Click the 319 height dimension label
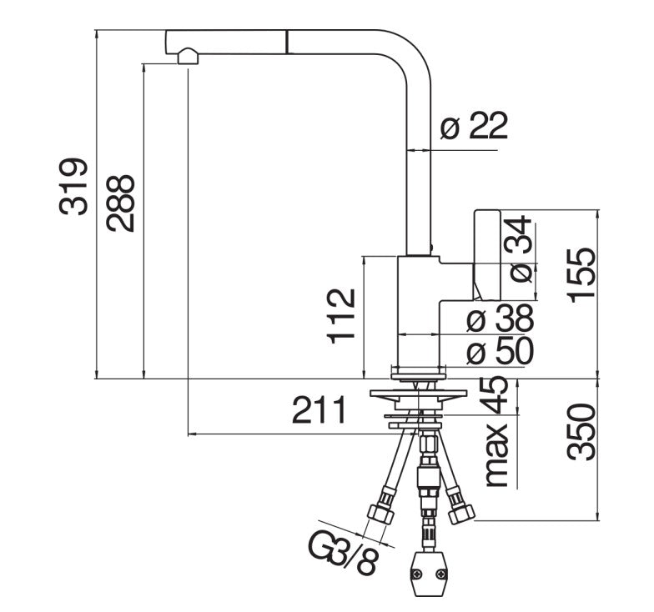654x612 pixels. coord(73,187)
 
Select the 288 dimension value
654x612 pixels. coord(120,203)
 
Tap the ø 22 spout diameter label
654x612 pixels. coord(474,125)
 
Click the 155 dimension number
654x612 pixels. coord(581,275)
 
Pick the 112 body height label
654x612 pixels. coord(342,316)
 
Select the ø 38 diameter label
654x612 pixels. coord(501,319)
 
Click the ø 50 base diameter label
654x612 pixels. coord(501,350)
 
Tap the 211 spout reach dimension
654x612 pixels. coord(319,410)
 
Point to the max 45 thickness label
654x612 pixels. coord(496,432)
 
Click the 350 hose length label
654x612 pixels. coord(581,432)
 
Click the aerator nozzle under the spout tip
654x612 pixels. coord(189,56)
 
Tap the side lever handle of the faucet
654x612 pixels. coord(487,255)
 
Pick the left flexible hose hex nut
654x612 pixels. coord(380,514)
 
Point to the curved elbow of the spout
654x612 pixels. coord(407,54)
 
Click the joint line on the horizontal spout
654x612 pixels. coord(287,42)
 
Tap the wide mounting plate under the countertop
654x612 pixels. coord(418,394)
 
